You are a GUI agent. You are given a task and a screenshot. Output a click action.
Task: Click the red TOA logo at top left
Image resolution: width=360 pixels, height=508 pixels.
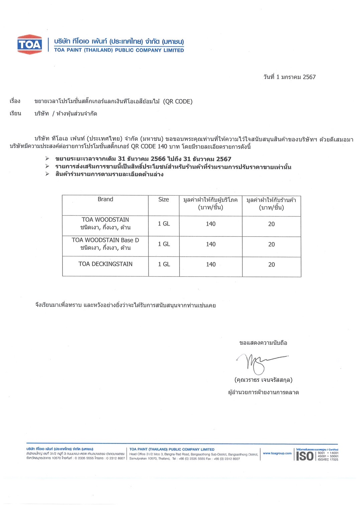29,44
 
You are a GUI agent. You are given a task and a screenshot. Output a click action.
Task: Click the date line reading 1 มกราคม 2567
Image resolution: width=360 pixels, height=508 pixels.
289,77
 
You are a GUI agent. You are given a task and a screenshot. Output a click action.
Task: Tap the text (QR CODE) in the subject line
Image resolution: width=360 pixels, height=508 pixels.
178,102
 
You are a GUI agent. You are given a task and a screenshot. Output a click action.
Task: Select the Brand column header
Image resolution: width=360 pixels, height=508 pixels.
105,199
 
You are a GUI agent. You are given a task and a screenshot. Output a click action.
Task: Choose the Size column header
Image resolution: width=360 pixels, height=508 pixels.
163,200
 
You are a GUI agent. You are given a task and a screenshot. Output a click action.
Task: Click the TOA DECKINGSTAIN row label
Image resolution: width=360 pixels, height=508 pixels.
105,264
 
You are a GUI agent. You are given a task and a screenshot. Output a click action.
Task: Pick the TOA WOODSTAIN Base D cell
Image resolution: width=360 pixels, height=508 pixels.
105,240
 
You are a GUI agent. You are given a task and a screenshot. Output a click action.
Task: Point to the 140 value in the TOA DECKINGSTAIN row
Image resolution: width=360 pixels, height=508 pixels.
211,265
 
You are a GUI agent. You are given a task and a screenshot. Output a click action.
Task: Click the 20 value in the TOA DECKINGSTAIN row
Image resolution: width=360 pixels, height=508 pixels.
271,265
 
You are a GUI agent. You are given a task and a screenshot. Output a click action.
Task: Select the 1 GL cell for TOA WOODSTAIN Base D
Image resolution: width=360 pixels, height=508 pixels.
164,244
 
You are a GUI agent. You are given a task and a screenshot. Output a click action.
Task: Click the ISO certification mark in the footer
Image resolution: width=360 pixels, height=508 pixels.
305,456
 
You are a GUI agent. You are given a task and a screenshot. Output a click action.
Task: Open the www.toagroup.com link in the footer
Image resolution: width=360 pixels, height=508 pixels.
277,453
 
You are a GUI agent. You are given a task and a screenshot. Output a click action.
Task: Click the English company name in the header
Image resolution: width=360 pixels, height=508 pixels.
119,50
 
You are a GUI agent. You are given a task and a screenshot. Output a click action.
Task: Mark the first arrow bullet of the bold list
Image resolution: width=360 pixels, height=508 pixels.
47,159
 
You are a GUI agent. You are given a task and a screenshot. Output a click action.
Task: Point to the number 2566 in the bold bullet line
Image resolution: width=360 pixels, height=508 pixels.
158,159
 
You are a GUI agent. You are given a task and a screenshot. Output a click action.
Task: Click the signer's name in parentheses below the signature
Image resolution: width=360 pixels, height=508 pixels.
263,380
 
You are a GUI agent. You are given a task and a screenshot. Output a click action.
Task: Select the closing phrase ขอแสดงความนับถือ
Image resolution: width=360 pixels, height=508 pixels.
263,343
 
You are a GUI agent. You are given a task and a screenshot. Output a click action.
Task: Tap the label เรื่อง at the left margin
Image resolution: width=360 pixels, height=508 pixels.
15,101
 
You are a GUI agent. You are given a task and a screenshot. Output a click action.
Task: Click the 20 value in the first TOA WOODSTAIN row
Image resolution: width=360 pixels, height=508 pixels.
271,224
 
